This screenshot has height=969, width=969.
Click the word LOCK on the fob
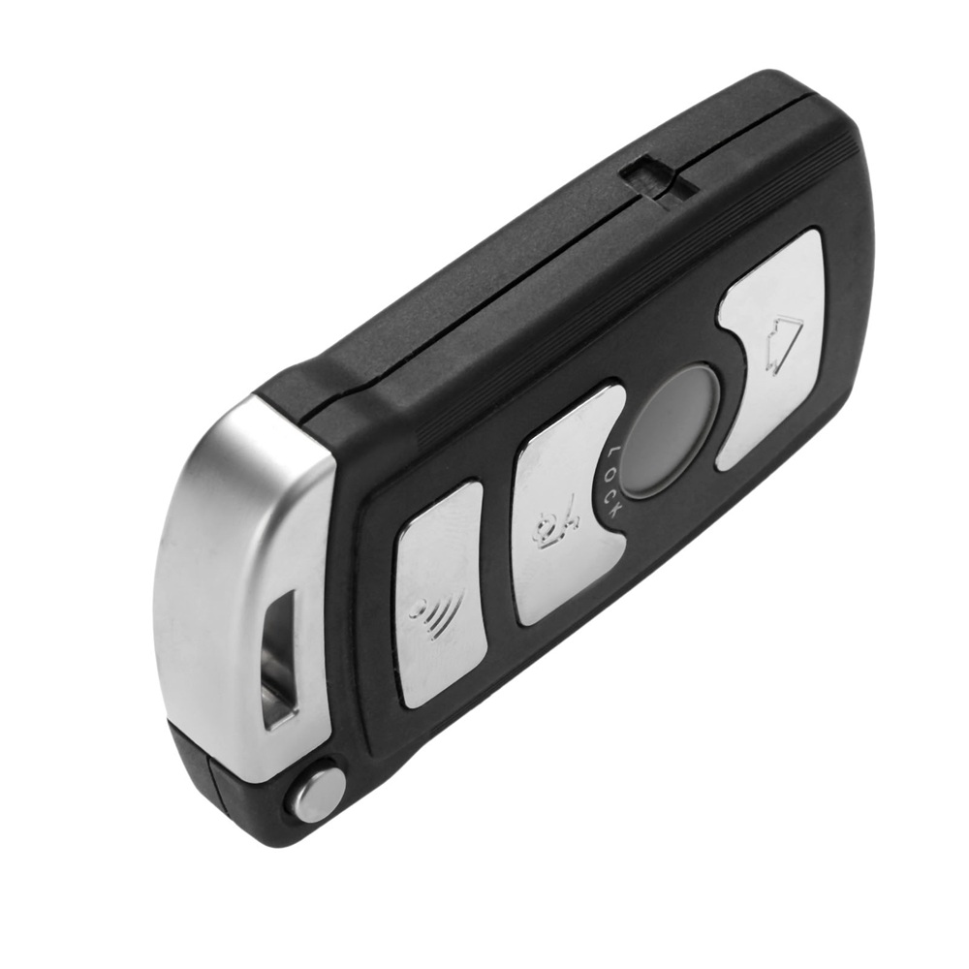[x=613, y=484]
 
